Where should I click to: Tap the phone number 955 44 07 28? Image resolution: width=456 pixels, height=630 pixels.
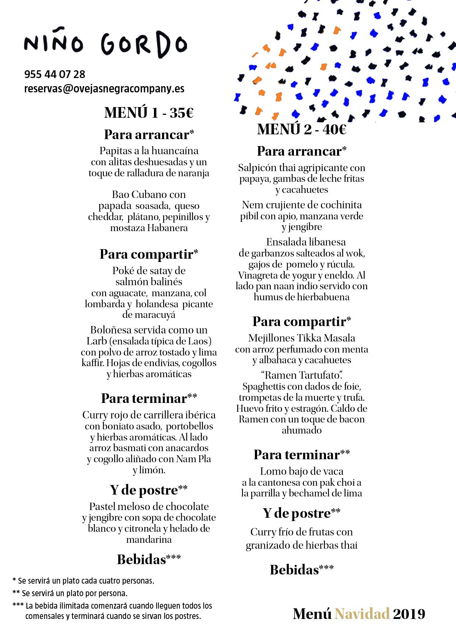[x=55, y=74]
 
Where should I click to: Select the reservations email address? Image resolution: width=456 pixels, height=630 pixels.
[x=104, y=89]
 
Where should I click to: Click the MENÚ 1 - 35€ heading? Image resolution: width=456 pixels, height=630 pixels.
[x=149, y=113]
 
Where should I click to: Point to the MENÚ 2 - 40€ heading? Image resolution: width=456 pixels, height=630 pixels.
[x=302, y=129]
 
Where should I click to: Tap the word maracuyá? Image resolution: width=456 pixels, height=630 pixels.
[x=155, y=315]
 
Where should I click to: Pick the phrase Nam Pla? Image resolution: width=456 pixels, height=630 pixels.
[x=193, y=459]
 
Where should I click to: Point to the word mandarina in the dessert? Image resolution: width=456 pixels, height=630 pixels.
[x=149, y=540]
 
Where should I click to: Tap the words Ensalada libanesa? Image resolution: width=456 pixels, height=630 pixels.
[x=306, y=242]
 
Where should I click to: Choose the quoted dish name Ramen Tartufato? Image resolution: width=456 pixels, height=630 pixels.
[x=302, y=375]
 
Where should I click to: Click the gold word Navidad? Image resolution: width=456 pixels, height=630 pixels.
[x=362, y=614]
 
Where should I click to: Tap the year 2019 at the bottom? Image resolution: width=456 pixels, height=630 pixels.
[x=409, y=614]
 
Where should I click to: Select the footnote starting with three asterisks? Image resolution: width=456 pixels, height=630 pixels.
[x=112, y=611]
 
